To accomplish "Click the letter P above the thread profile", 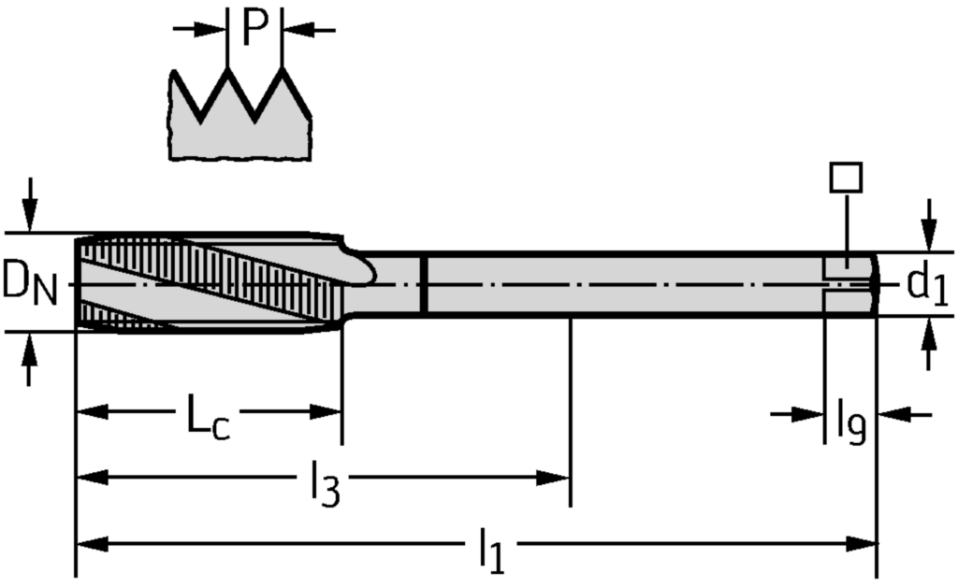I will tap(255, 27).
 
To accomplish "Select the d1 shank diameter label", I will tap(927, 284).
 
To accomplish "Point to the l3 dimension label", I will tap(322, 484).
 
